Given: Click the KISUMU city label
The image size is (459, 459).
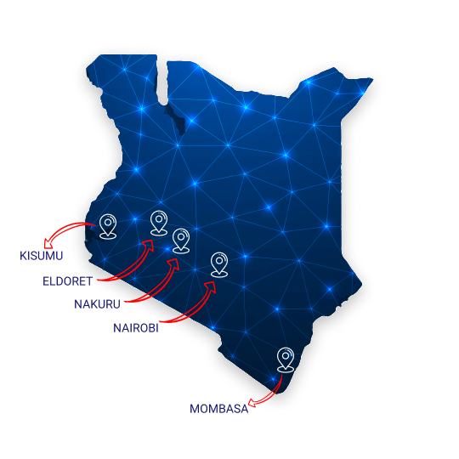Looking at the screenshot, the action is pyautogui.click(x=42, y=256).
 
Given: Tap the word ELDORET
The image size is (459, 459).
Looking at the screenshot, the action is pyautogui.click(x=68, y=281).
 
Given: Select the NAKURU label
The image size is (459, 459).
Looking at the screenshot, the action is pyautogui.click(x=97, y=304).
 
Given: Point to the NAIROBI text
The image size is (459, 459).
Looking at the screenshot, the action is pyautogui.click(x=136, y=328).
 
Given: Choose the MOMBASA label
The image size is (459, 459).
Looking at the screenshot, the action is pyautogui.click(x=219, y=409).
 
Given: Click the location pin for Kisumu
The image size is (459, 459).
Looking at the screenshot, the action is pyautogui.click(x=108, y=226).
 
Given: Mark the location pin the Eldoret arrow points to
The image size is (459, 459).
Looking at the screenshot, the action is pyautogui.click(x=159, y=223).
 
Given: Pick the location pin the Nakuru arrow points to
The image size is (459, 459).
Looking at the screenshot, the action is pyautogui.click(x=181, y=241).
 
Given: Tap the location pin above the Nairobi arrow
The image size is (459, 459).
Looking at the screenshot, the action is pyautogui.click(x=219, y=264).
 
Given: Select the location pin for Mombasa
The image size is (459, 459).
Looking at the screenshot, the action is pyautogui.click(x=286, y=360).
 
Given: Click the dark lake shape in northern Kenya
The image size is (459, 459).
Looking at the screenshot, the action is pyautogui.click(x=175, y=118).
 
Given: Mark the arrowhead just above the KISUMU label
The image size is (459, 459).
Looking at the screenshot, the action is pyautogui.click(x=48, y=244).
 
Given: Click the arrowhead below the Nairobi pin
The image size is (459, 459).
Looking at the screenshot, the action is pyautogui.click(x=211, y=286).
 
